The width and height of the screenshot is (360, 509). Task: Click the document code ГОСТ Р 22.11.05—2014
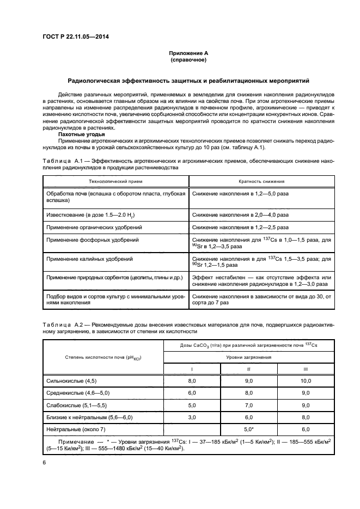[80, 38]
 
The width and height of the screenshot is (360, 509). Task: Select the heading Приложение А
[188, 53]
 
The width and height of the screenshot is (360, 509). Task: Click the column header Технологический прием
[115, 181]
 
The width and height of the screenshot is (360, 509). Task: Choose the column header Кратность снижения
[261, 181]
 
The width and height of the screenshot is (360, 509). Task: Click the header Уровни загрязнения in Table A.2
[249, 357]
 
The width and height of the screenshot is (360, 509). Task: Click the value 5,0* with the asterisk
[249, 429]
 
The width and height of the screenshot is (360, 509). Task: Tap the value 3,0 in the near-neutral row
[191, 417]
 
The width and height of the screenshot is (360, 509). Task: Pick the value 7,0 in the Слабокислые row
[249, 405]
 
